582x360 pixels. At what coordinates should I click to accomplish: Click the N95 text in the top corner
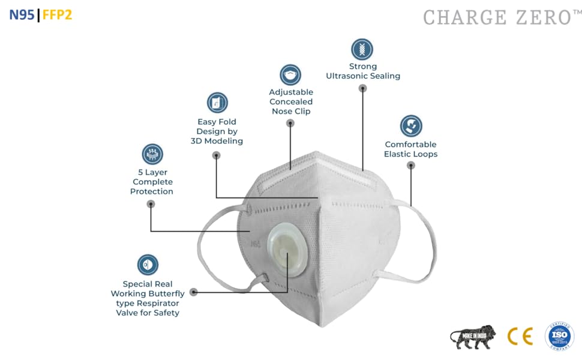[22, 15]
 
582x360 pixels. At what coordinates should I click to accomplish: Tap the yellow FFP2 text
[58, 15]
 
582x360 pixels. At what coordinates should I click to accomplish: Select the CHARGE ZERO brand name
[498, 17]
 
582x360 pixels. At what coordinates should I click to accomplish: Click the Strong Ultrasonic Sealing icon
[362, 49]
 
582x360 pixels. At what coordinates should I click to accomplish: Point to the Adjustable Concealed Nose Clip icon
[290, 75]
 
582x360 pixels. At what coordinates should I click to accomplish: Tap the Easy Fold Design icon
[217, 103]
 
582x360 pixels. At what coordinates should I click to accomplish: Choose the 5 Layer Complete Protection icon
[152, 154]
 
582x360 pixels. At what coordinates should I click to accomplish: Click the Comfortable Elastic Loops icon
[411, 126]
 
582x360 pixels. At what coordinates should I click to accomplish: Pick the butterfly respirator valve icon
[148, 265]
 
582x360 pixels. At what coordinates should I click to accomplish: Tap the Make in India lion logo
[473, 337]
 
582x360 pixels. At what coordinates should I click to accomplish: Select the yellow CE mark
[520, 336]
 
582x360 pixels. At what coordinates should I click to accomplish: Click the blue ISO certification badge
[559, 336]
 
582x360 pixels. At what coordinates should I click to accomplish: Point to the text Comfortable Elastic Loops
[411, 149]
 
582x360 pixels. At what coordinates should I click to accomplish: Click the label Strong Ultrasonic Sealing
[362, 71]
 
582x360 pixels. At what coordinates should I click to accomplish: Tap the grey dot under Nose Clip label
[290, 123]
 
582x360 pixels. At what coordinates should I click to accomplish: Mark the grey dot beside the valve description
[193, 292]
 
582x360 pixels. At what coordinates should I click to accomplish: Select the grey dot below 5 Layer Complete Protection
[151, 204]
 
